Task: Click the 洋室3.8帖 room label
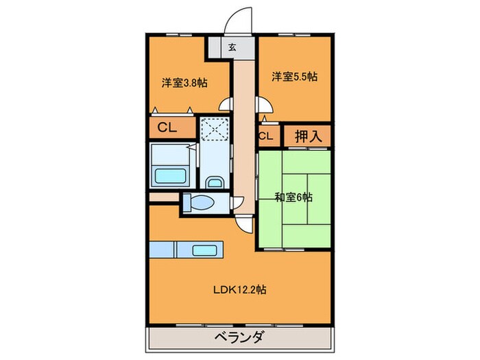point(184,83)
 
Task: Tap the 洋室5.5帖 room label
point(293,77)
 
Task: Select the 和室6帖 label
point(293,197)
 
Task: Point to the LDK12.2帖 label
point(239,289)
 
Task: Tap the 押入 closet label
point(308,136)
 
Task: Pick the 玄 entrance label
point(232,48)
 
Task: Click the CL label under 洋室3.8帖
point(167,127)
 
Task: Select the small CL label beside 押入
point(266,136)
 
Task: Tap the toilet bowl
point(200,204)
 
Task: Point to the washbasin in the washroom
point(213,182)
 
